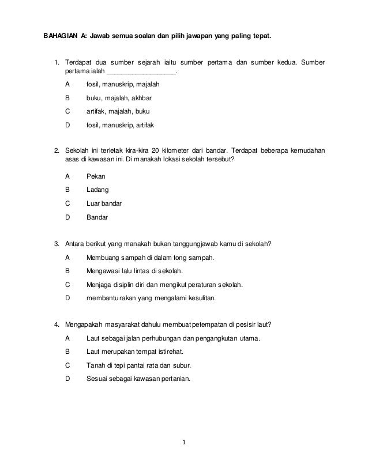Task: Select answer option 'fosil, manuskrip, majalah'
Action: coord(123,84)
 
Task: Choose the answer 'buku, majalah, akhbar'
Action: coord(119,98)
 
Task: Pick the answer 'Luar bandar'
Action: coord(103,203)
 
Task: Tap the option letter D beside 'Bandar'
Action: coord(67,217)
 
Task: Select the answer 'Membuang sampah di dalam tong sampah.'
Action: coord(150,256)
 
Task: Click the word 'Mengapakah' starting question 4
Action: coord(85,324)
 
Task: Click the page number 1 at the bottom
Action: coord(183,443)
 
